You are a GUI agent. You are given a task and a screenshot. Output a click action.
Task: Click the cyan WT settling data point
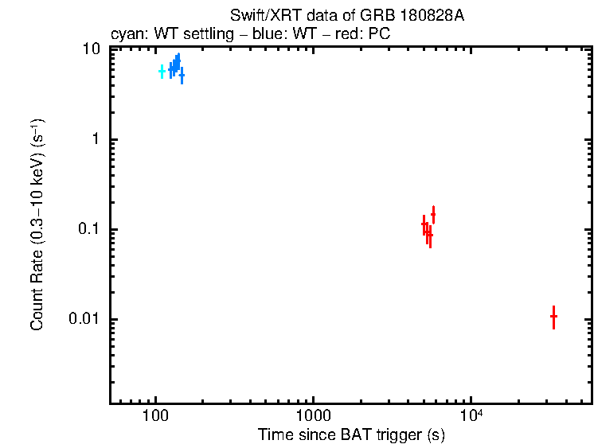162,72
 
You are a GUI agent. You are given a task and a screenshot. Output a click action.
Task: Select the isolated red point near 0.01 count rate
553,316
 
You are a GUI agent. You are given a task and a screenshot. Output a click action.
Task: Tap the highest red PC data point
433,214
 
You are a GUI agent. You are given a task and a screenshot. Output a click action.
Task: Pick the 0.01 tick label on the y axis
84,320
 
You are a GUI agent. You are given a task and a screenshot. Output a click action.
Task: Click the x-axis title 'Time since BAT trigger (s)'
351,435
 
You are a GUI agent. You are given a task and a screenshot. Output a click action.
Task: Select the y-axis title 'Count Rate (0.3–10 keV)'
37,225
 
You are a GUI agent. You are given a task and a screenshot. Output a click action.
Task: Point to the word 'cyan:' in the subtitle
126,35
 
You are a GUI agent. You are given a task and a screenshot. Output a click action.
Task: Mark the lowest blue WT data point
182,76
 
